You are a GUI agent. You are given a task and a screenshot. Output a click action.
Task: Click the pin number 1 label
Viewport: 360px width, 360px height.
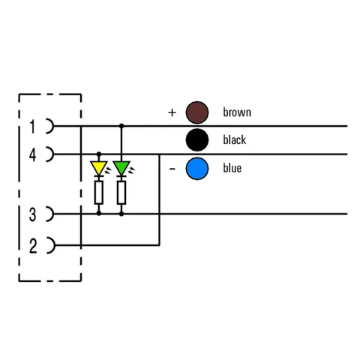pyautogui.click(x=32, y=127)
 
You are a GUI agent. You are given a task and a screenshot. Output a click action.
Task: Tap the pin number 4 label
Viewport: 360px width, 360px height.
pyautogui.click(x=32, y=155)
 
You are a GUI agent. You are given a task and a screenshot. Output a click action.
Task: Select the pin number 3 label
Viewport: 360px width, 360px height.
pyautogui.click(x=32, y=214)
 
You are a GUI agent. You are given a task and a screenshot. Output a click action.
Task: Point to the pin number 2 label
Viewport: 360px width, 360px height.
pyautogui.click(x=33, y=246)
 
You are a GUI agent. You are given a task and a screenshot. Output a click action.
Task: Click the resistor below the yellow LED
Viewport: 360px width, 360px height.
pyautogui.click(x=99, y=193)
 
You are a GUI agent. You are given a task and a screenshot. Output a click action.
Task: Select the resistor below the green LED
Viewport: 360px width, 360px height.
pyautogui.click(x=121, y=193)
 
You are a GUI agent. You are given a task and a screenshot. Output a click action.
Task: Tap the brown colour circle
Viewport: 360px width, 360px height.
pyautogui.click(x=197, y=112)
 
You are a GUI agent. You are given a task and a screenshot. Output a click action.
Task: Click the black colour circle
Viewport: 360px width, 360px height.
pyautogui.click(x=197, y=140)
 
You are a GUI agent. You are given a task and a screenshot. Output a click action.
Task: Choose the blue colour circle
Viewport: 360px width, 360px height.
pyautogui.click(x=197, y=169)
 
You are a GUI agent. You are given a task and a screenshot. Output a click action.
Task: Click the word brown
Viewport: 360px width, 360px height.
pyautogui.click(x=237, y=112)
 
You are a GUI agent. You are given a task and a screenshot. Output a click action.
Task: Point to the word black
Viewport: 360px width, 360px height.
pyautogui.click(x=235, y=139)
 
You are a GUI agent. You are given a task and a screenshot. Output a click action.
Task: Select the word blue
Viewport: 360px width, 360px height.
pyautogui.click(x=232, y=168)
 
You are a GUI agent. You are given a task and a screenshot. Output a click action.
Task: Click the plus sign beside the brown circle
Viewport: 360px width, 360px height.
pyautogui.click(x=172, y=112)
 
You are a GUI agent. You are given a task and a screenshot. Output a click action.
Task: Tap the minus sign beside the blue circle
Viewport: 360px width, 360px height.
pyautogui.click(x=172, y=169)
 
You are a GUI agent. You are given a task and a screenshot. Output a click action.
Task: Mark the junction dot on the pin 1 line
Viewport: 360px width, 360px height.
pyautogui.click(x=121, y=126)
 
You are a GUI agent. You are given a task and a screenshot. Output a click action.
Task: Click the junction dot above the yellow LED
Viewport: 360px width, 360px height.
pyautogui.click(x=99, y=154)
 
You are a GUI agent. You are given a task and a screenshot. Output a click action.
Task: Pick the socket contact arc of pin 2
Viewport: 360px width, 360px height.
pyautogui.click(x=51, y=245)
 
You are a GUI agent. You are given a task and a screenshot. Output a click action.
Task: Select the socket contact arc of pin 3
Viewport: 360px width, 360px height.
pyautogui.click(x=50, y=214)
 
